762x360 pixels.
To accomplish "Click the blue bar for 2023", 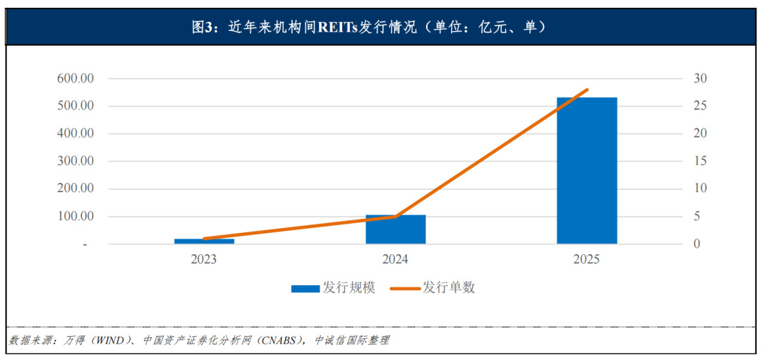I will click(x=204, y=241).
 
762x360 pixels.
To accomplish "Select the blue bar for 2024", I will click(x=395, y=229).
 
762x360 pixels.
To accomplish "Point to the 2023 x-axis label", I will click(x=204, y=259).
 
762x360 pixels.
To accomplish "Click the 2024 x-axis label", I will click(x=395, y=259).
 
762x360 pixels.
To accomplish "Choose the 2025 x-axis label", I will click(x=586, y=259).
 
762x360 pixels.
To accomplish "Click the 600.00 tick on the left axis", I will click(x=75, y=78).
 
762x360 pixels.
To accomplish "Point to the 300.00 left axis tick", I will click(x=75, y=161).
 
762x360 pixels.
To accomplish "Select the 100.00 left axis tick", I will click(x=75, y=216).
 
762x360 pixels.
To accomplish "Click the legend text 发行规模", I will click(x=349, y=288).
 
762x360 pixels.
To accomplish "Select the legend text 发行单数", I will click(x=449, y=288).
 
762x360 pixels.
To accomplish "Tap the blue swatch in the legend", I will click(x=306, y=288).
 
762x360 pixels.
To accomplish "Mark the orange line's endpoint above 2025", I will click(x=587, y=90).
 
